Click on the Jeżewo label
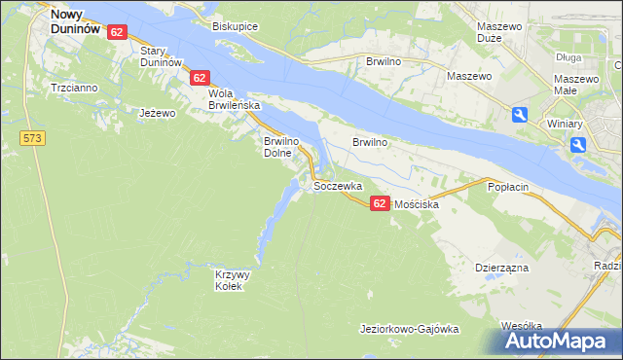point(157,113)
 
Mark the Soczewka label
point(338,185)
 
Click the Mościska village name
point(418,205)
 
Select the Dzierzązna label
point(501,267)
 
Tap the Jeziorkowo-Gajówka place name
point(409,329)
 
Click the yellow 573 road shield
point(32,139)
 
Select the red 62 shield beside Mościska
point(380,202)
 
